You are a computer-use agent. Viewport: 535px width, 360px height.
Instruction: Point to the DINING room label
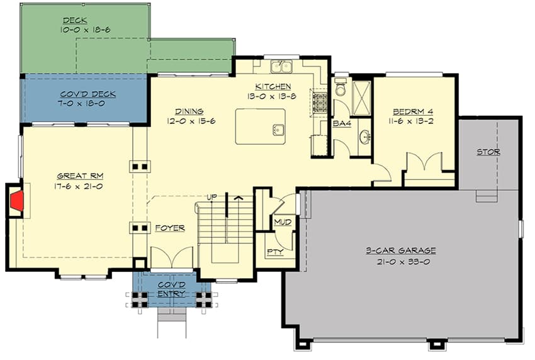coord(189,111)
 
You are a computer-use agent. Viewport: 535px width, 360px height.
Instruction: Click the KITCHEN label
coord(273,86)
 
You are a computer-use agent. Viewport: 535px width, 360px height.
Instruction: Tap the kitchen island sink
coord(278,130)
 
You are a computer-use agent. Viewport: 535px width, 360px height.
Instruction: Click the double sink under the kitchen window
coord(281,66)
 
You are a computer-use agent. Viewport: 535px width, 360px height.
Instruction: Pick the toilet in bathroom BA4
coord(341,89)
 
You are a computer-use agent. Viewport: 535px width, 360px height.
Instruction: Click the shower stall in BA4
coord(361,98)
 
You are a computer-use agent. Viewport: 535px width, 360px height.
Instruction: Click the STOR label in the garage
coord(488,152)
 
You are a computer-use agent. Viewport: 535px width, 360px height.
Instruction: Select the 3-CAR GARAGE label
coord(400,250)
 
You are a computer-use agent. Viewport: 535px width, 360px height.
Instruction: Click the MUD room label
coord(281,222)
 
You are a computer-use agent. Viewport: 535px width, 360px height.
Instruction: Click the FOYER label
coord(171,228)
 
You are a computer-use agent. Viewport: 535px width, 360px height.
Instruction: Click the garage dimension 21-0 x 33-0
coord(400,261)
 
